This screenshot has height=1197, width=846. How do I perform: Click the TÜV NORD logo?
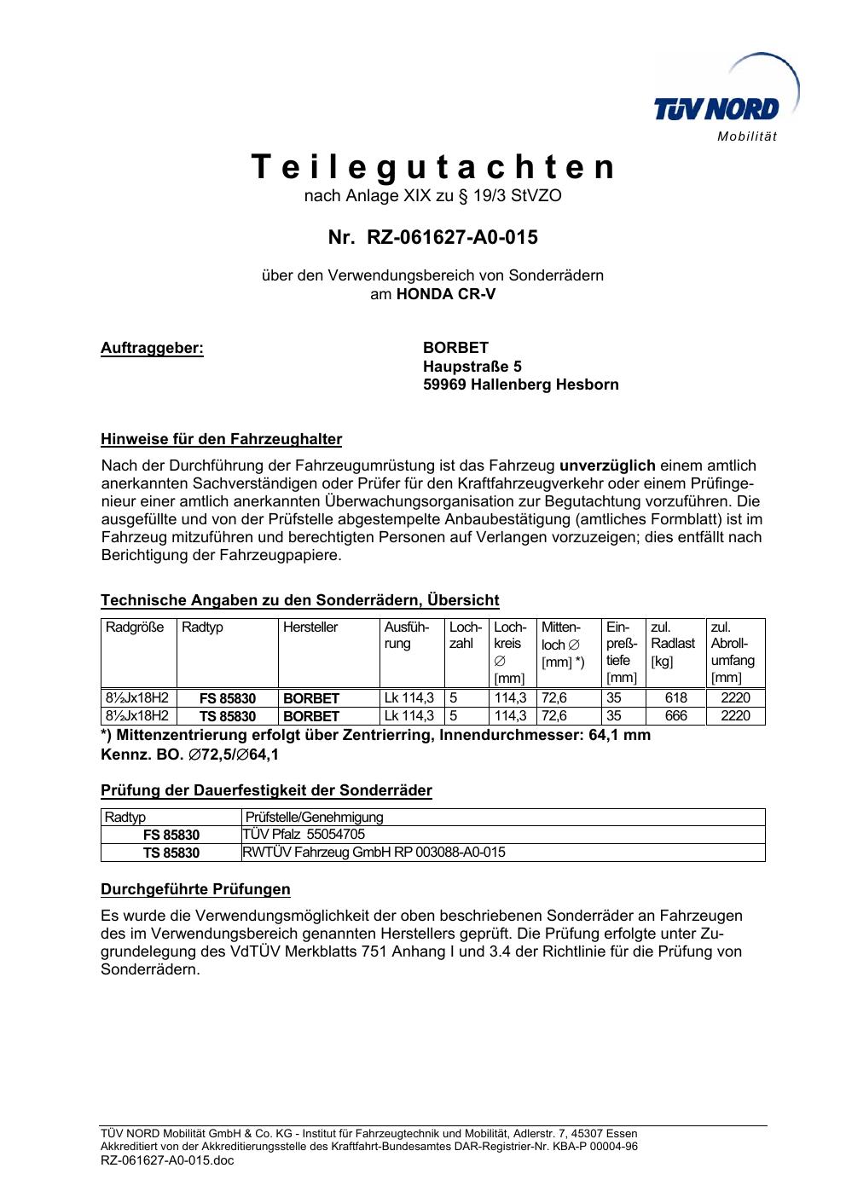coord(723,101)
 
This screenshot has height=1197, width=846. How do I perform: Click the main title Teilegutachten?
coord(433,168)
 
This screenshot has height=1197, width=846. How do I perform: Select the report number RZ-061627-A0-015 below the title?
coord(433,237)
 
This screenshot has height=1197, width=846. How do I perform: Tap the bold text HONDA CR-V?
coord(446,294)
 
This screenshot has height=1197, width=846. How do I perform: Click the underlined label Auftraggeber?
coord(152,348)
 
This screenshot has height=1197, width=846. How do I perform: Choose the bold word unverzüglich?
coord(607,465)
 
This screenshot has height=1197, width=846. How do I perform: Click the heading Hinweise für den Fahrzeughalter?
coord(221,440)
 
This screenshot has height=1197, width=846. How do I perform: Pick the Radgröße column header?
coord(135,627)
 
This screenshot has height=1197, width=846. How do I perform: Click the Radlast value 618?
coord(675,697)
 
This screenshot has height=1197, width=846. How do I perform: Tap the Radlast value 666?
coord(675,716)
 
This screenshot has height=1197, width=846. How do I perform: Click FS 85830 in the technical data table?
coord(227,698)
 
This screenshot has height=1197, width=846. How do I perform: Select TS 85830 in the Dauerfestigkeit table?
coord(171,853)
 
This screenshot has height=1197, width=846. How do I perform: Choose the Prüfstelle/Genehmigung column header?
coord(315,818)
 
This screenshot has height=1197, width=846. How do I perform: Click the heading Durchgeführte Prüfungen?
coord(195,889)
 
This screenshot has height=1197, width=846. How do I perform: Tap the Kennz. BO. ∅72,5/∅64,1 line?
coord(189,755)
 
